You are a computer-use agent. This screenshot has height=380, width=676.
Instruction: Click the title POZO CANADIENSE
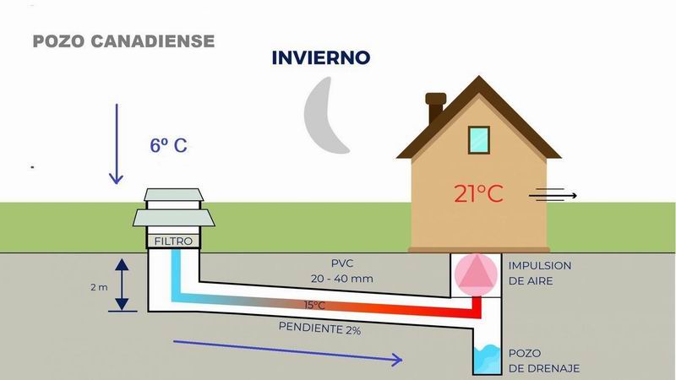tap(123, 41)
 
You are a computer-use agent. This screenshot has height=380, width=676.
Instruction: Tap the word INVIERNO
tap(321, 58)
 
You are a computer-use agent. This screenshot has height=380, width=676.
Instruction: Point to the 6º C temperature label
tap(168, 145)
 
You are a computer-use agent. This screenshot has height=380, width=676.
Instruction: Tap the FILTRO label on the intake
tap(174, 242)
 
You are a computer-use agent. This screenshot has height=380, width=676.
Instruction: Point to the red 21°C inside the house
tap(478, 193)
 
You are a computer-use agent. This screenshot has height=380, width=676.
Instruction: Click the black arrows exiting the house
tap(553, 196)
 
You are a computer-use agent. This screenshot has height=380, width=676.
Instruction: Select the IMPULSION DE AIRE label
tap(539, 273)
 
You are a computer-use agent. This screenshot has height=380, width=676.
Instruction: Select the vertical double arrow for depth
tap(123, 285)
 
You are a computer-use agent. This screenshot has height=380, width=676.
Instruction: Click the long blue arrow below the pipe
tap(287, 350)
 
